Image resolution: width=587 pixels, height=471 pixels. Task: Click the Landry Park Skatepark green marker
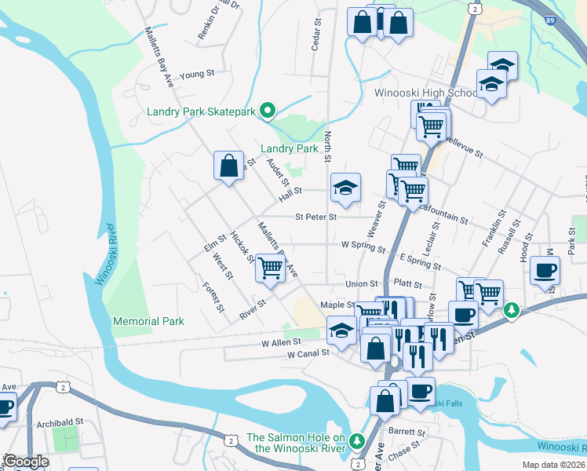click(267, 111)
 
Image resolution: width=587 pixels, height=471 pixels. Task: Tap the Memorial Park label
click(148, 321)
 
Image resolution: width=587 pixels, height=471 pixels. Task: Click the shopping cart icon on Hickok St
click(270, 268)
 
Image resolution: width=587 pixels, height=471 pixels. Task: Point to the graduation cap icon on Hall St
click(345, 188)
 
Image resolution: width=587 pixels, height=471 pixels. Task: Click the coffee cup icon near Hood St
click(545, 271)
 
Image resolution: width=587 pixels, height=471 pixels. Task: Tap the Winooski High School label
click(425, 93)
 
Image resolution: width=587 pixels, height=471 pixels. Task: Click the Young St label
click(197, 75)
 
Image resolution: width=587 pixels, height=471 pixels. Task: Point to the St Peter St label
click(315, 217)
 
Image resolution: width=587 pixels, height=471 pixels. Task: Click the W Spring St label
click(363, 245)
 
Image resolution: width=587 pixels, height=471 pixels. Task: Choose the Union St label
click(363, 283)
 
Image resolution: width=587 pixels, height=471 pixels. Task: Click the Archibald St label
click(60, 422)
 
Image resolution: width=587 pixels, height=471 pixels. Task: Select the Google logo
click(25, 462)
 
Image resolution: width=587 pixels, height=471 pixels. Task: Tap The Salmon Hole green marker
click(358, 439)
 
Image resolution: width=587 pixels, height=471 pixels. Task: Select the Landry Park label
click(289, 148)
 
